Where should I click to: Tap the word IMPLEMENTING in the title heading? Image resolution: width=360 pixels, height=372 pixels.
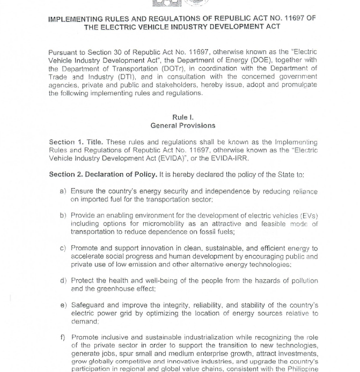pos(75,18)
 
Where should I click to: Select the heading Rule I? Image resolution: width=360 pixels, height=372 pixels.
pos(183,117)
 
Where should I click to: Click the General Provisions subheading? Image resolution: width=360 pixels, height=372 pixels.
pos(183,125)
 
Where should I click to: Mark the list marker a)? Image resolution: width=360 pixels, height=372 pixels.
pos(63,191)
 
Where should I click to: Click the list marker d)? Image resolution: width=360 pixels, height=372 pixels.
pos(63,280)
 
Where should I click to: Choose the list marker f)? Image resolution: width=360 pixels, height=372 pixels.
pos(63,337)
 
